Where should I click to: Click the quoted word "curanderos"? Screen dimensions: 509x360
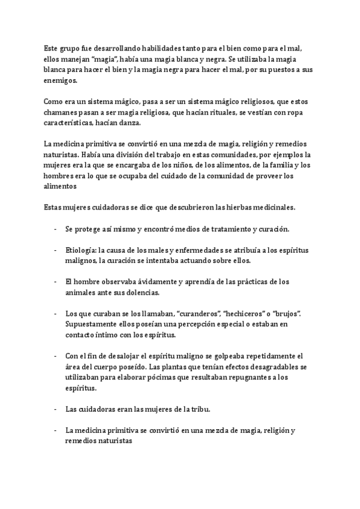point(185,313)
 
